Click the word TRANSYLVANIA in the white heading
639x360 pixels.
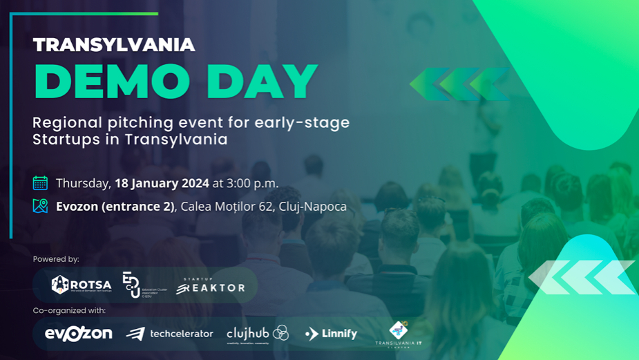point(114,46)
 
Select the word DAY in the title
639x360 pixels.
point(262,82)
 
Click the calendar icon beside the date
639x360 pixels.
point(40,183)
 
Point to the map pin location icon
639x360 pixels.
point(40,206)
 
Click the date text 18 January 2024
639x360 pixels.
point(162,183)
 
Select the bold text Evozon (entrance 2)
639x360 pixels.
point(115,206)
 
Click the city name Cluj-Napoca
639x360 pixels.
point(312,206)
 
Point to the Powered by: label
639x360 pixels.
point(56,259)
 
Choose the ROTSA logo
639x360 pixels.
point(81,285)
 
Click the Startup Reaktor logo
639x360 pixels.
point(210,285)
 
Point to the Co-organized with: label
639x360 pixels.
point(69,311)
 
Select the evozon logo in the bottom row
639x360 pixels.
point(78,334)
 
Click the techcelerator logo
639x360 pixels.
point(170,334)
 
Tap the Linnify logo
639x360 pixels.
point(331,334)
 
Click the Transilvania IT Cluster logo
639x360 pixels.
point(399,334)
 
